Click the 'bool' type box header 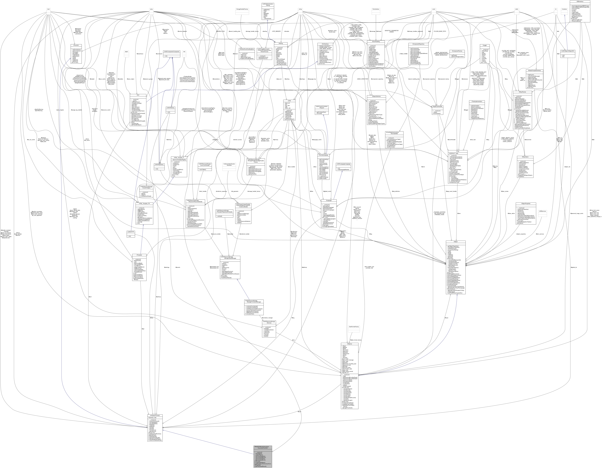coord(48,9)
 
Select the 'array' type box coord(151,9)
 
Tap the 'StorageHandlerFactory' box coord(242,9)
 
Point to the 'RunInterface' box coord(376,9)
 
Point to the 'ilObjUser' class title coord(350,344)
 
